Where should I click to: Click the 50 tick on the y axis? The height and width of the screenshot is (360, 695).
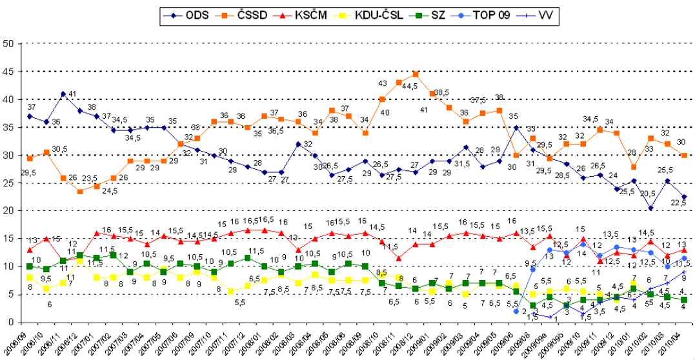[x=9, y=45]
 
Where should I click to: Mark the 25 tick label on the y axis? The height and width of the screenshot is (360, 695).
[x=9, y=183]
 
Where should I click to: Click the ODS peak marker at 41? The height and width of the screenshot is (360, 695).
[x=63, y=94]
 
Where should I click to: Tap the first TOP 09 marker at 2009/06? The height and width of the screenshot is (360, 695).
[x=516, y=311]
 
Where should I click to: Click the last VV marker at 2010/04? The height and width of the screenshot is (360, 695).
[x=684, y=272]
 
